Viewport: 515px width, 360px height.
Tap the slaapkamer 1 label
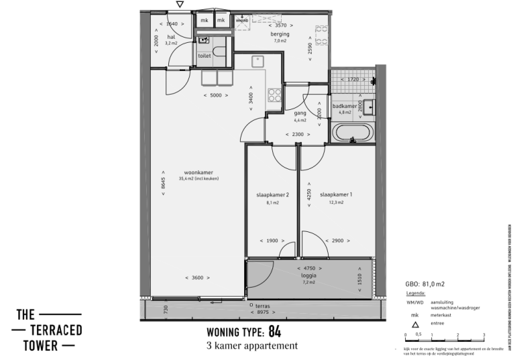[x=336, y=195]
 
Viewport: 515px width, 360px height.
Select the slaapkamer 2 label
[x=272, y=195]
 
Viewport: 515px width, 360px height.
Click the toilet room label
[x=204, y=56]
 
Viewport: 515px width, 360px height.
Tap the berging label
[x=280, y=34]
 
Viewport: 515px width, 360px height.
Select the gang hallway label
[x=300, y=113]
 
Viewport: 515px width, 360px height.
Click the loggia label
[x=308, y=275]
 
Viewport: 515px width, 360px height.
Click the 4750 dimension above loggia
[x=308, y=267]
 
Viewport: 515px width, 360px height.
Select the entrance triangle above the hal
[x=178, y=5]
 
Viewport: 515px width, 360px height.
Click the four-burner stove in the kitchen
[x=275, y=96]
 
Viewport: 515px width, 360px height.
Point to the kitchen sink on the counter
[x=257, y=62]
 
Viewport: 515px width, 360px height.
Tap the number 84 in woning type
[x=274, y=331]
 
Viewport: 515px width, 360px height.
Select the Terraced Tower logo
[x=49, y=330]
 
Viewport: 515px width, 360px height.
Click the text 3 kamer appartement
[x=253, y=347]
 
